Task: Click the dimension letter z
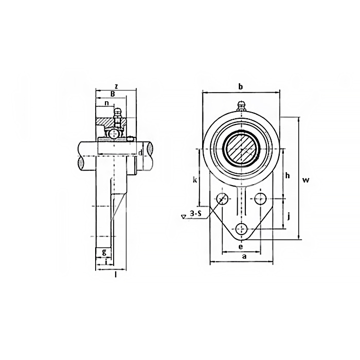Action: click(117, 86)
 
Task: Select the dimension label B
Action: click(113, 94)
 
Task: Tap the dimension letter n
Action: click(106, 103)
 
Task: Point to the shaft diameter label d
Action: click(140, 152)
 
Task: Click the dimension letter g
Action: click(104, 252)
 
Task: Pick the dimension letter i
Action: click(106, 262)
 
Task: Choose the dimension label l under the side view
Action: click(116, 274)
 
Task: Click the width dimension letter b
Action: click(240, 86)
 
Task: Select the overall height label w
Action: click(305, 180)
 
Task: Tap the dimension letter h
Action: click(287, 176)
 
